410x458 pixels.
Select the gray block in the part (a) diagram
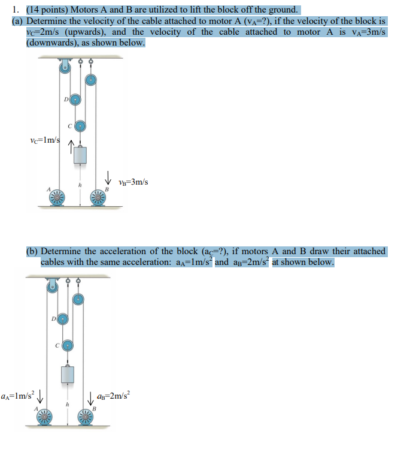[x=80, y=157]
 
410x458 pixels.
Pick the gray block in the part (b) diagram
[x=68, y=376]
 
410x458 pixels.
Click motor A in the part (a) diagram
[x=57, y=197]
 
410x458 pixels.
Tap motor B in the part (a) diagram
[x=98, y=197]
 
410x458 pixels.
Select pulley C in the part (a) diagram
[x=80, y=125]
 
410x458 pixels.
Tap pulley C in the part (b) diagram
[x=68, y=345]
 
